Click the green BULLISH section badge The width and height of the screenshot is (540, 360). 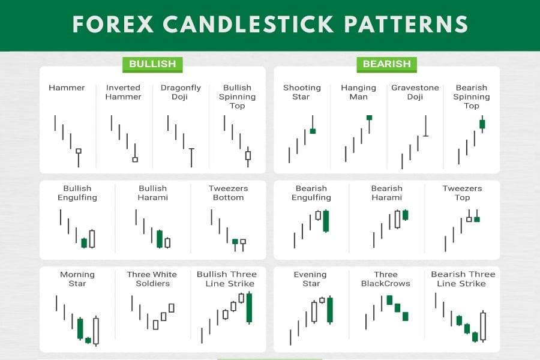(152, 64)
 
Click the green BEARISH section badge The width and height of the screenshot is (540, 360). (387, 64)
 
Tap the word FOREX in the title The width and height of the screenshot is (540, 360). (113, 24)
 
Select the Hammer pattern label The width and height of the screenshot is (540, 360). (67, 88)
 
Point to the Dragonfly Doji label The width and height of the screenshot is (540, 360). (181, 92)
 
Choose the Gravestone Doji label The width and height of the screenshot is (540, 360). (415, 92)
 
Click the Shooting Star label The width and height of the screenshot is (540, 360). (302, 92)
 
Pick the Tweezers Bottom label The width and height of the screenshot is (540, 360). (229, 193)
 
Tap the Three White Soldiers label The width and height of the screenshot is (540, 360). (152, 279)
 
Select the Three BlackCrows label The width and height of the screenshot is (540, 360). (386, 279)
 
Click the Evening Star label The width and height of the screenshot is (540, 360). (310, 279)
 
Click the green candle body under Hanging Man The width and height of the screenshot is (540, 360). (369, 118)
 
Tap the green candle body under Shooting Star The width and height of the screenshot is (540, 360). (313, 131)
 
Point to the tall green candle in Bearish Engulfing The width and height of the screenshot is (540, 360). (326, 221)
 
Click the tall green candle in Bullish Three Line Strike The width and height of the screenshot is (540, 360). (249, 308)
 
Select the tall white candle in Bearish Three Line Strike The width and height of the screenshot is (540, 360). (483, 326)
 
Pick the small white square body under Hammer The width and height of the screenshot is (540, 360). (79, 151)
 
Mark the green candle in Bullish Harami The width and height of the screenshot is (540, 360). (160, 239)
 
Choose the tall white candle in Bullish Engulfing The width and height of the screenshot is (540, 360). (92, 239)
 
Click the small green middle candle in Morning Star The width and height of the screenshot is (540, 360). (88, 340)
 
